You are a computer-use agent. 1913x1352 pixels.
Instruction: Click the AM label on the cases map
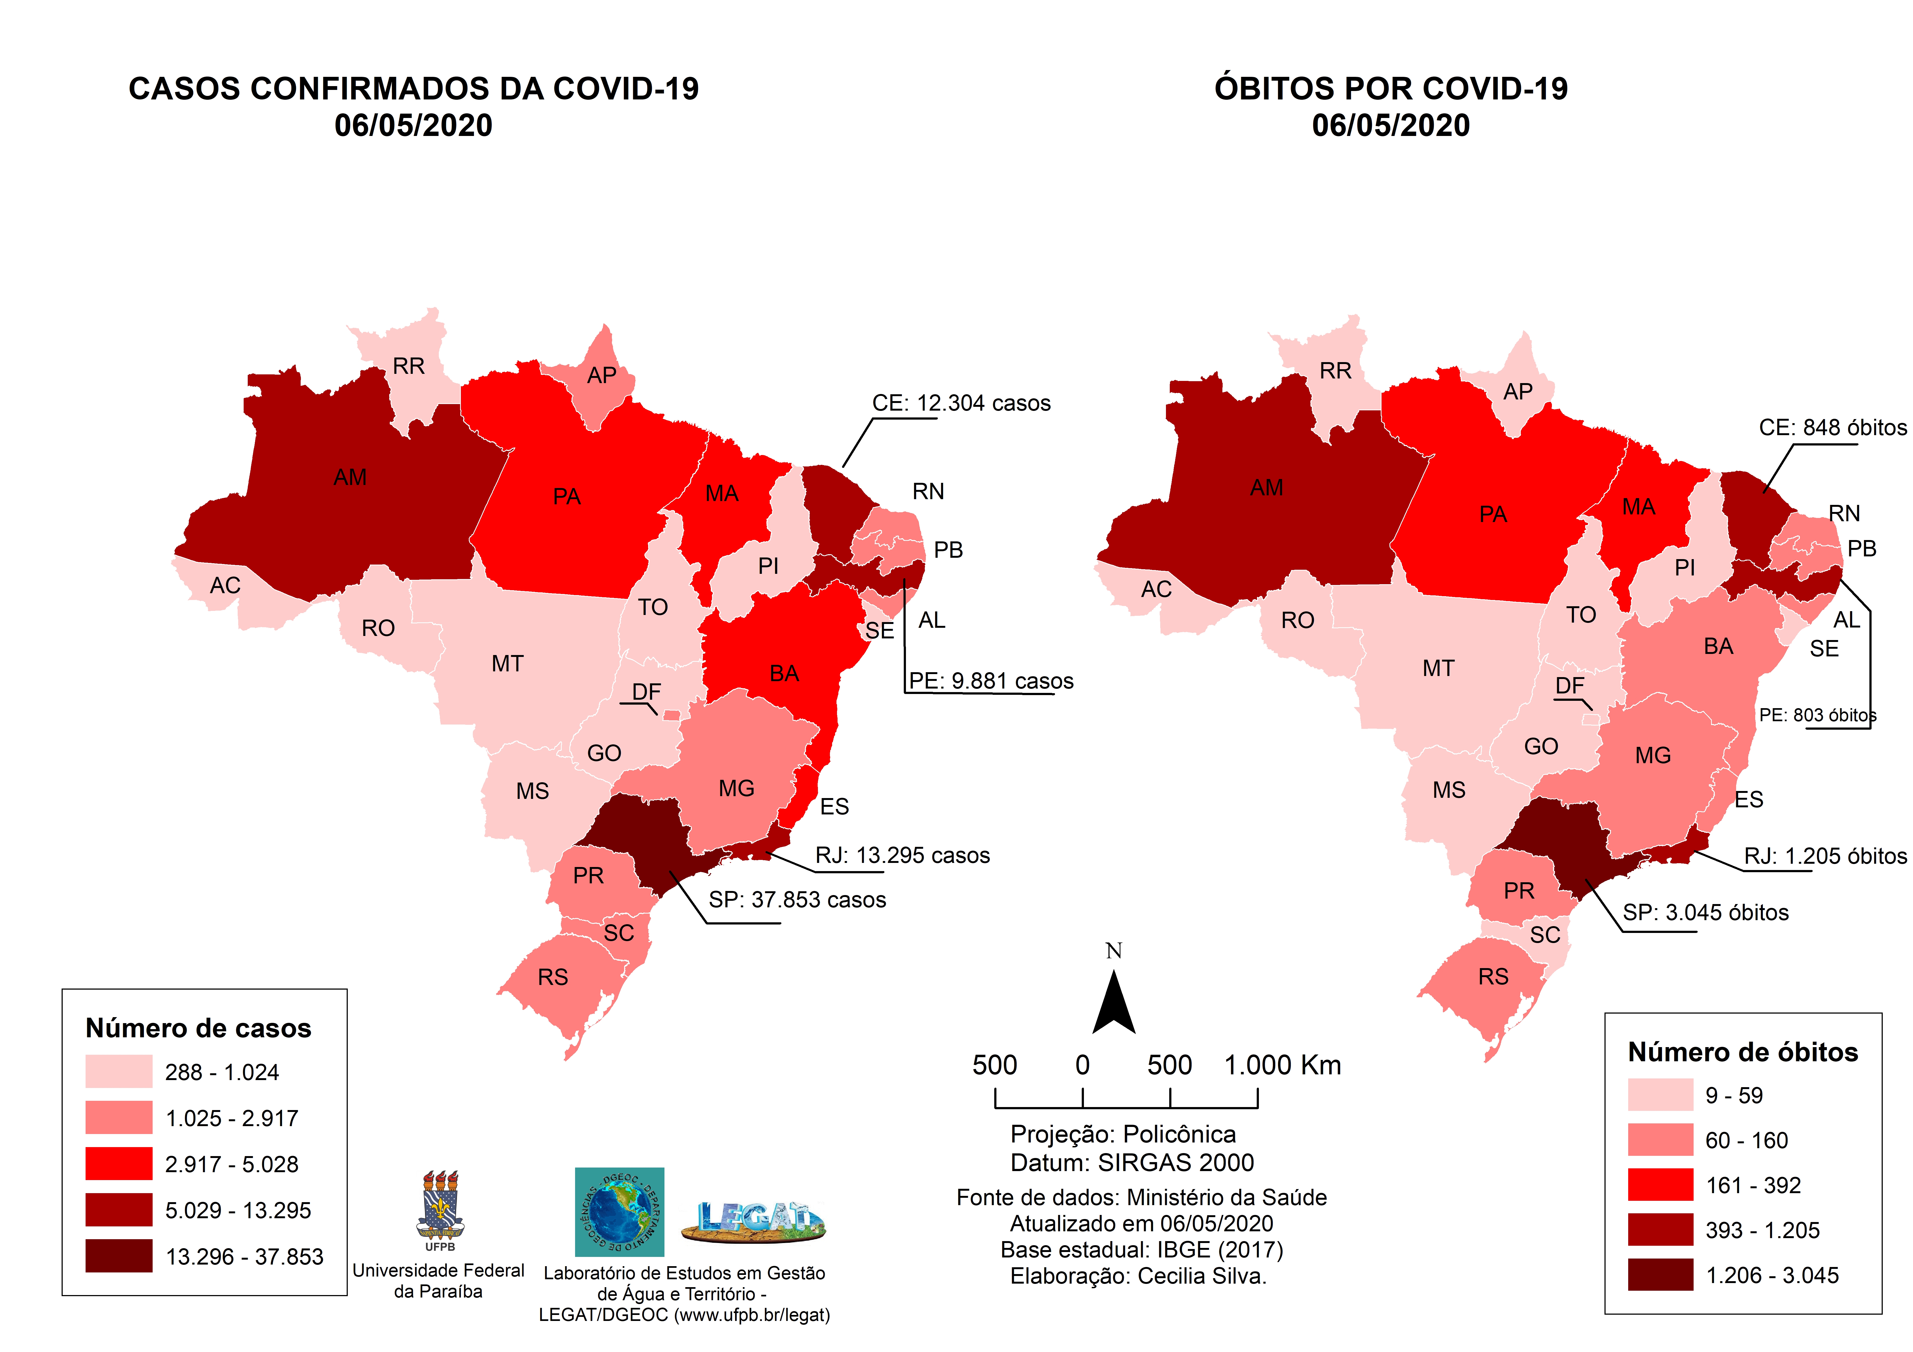[350, 477]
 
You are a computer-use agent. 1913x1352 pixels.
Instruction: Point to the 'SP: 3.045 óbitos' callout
[1705, 912]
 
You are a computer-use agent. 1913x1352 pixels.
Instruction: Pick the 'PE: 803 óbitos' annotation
[1817, 715]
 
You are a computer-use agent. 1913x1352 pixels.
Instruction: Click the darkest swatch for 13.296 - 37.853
[118, 1255]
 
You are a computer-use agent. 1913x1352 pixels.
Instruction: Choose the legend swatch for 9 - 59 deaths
[1660, 1095]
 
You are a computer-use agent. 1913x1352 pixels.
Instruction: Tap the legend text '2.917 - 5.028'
[232, 1164]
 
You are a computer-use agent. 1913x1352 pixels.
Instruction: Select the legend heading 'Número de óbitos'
[1742, 1052]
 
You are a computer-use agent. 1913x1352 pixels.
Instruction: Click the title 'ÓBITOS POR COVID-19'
[1391, 88]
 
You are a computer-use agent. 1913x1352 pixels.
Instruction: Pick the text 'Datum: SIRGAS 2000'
[1131, 1162]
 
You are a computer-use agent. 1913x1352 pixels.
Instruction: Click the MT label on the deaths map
[1438, 668]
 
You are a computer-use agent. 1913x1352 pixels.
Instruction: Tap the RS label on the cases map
[552, 977]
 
